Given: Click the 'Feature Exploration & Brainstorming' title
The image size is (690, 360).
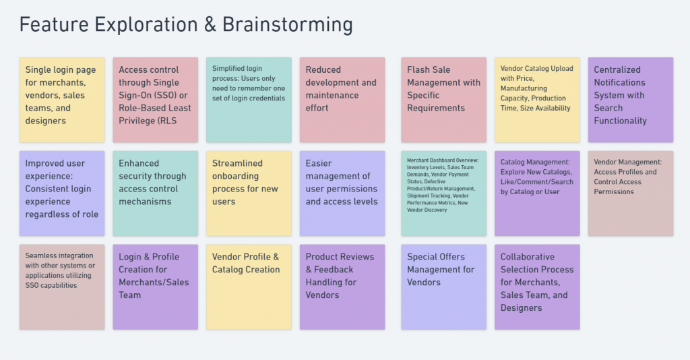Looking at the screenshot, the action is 186,25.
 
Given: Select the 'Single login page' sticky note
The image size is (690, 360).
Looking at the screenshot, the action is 62,100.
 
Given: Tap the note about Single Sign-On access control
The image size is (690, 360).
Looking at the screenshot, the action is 156,100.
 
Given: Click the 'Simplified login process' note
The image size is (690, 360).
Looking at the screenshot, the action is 249,100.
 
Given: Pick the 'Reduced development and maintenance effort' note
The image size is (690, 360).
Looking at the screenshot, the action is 342,100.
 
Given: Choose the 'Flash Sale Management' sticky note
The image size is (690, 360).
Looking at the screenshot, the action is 443,100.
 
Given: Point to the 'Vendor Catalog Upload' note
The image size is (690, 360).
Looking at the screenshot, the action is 537,100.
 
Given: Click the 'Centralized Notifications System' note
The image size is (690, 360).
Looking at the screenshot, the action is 631,100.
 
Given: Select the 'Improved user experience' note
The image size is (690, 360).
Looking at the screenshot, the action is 62,193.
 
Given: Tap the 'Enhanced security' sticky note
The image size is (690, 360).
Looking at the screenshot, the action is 156,193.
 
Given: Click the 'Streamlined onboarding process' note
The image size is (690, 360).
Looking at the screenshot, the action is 249,193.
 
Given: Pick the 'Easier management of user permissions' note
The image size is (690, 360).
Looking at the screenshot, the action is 342,193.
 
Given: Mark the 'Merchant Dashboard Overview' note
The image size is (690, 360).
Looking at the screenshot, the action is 443,193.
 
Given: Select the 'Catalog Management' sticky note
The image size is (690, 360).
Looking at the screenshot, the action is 537,193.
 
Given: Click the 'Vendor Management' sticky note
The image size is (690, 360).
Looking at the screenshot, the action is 631,193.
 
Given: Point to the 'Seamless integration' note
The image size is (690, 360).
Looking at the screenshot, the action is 62,287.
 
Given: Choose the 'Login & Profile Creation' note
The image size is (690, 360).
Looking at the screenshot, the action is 156,287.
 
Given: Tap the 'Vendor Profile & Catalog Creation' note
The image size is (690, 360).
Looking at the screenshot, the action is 249,287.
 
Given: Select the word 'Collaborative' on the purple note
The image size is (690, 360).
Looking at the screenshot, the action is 527,257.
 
